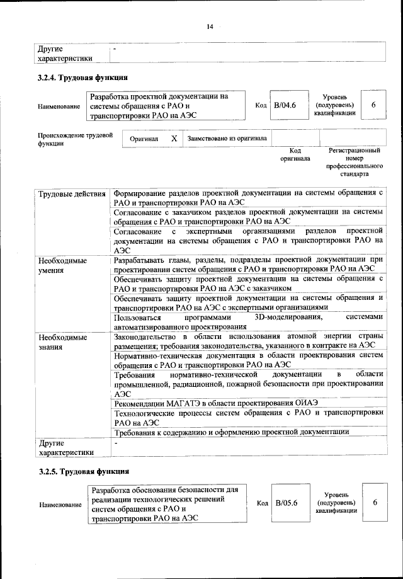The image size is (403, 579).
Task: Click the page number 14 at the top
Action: [x=210, y=26]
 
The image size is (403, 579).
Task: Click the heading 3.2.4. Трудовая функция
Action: [x=83, y=79]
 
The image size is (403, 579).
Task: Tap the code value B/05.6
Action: [x=285, y=503]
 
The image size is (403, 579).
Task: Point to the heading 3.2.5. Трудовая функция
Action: [x=83, y=471]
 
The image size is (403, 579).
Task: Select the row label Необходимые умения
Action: [x=62, y=266]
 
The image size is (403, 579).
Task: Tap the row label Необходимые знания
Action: [x=62, y=344]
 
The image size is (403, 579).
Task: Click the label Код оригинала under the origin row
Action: [x=295, y=155]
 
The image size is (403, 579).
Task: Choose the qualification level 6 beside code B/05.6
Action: [x=375, y=503]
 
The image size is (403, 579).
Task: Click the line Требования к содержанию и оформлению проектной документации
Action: [x=232, y=432]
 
